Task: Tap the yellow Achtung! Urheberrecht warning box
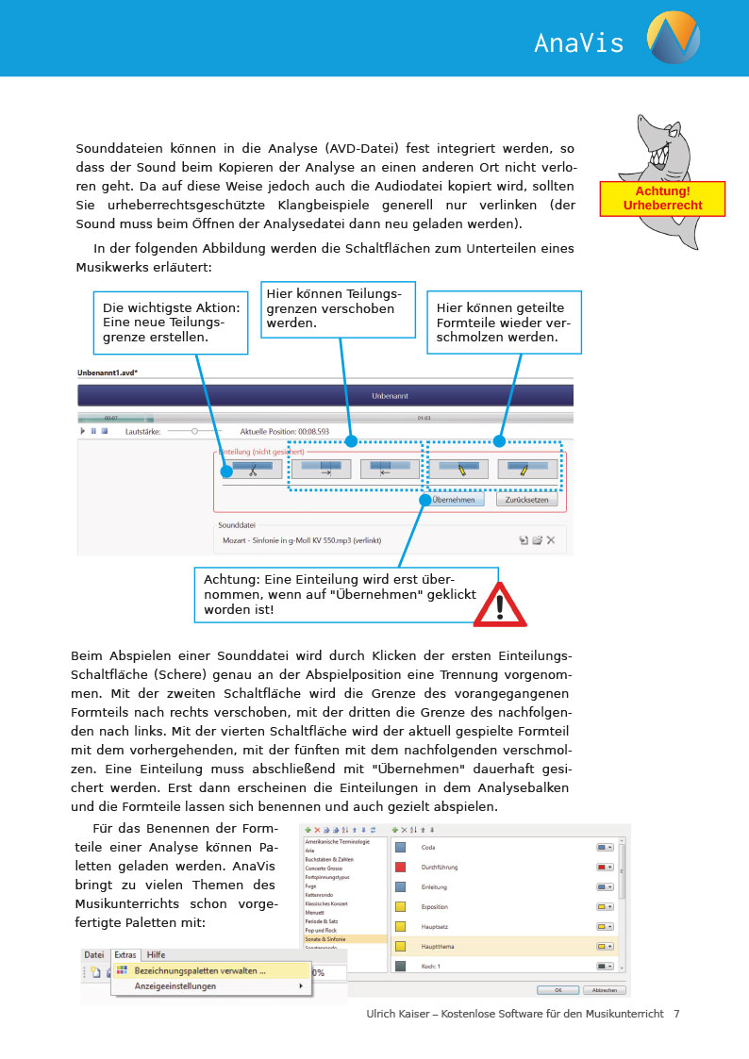point(662,199)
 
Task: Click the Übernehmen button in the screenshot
point(453,500)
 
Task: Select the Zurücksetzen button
point(526,500)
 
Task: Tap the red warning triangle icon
point(500,606)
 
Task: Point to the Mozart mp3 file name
point(301,540)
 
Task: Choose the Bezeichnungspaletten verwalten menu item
point(199,969)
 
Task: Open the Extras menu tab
point(125,954)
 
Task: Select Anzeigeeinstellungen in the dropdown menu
point(175,986)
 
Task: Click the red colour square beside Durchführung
point(400,867)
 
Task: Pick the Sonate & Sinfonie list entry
point(325,939)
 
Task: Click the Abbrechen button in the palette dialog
point(604,990)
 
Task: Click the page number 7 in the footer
point(676,1014)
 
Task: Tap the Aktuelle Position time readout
point(285,430)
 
